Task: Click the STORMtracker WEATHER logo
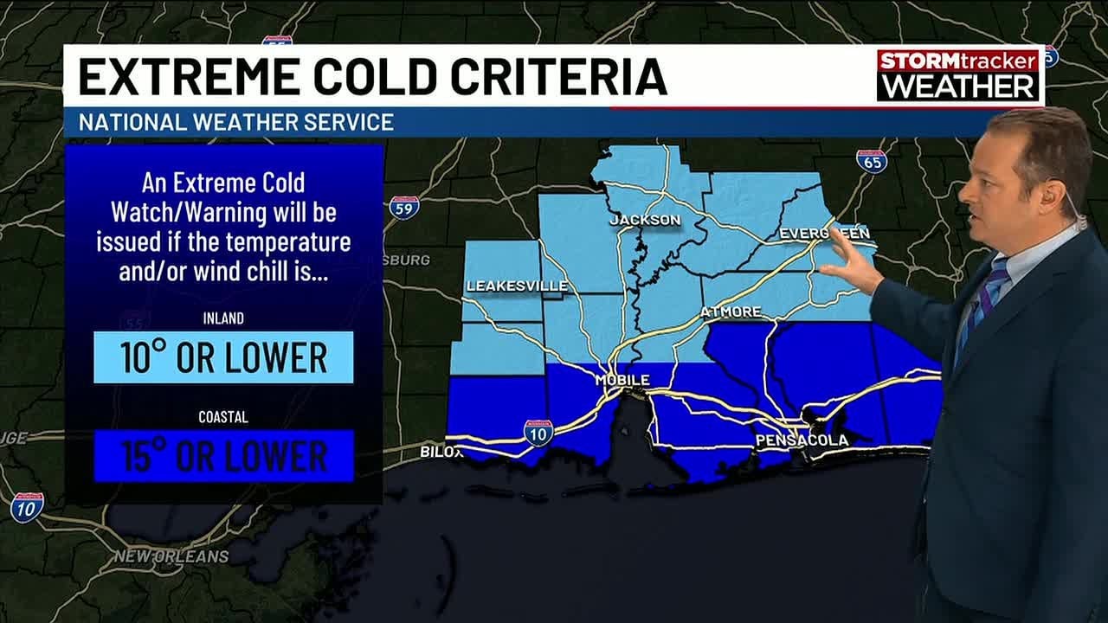pyautogui.click(x=957, y=74)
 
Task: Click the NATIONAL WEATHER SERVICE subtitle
pyautogui.click(x=236, y=122)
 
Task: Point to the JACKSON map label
pyautogui.click(x=645, y=220)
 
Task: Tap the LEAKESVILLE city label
pyautogui.click(x=517, y=286)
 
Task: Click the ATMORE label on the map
pyautogui.click(x=731, y=311)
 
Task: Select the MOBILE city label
pyautogui.click(x=622, y=380)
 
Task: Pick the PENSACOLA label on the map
pyautogui.click(x=802, y=440)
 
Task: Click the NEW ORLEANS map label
pyautogui.click(x=171, y=556)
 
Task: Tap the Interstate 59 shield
pyautogui.click(x=404, y=207)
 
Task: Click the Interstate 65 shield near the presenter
pyautogui.click(x=871, y=161)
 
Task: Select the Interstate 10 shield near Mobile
pyautogui.click(x=538, y=432)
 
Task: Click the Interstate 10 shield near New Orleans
pyautogui.click(x=27, y=507)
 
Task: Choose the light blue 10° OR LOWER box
pyautogui.click(x=223, y=356)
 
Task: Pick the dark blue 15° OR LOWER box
pyautogui.click(x=223, y=455)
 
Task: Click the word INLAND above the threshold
pyautogui.click(x=223, y=318)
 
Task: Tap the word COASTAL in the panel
pyautogui.click(x=223, y=417)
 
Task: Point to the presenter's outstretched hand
pyautogui.click(x=848, y=264)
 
